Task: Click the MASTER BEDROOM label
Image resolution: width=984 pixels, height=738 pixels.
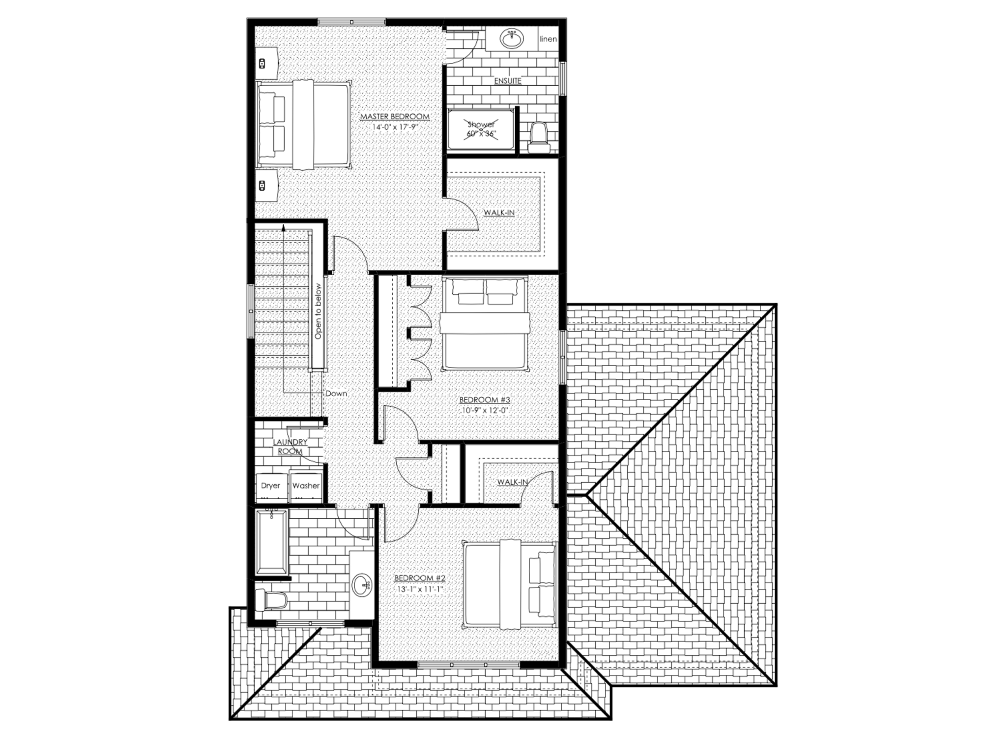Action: click(x=395, y=117)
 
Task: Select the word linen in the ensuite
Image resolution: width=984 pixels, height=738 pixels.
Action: click(x=548, y=39)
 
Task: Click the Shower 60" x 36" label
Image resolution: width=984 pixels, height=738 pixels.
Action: click(x=481, y=129)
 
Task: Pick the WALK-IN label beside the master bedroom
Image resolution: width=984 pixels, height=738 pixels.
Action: click(x=499, y=213)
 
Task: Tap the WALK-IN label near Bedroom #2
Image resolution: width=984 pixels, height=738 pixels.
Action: click(x=512, y=482)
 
